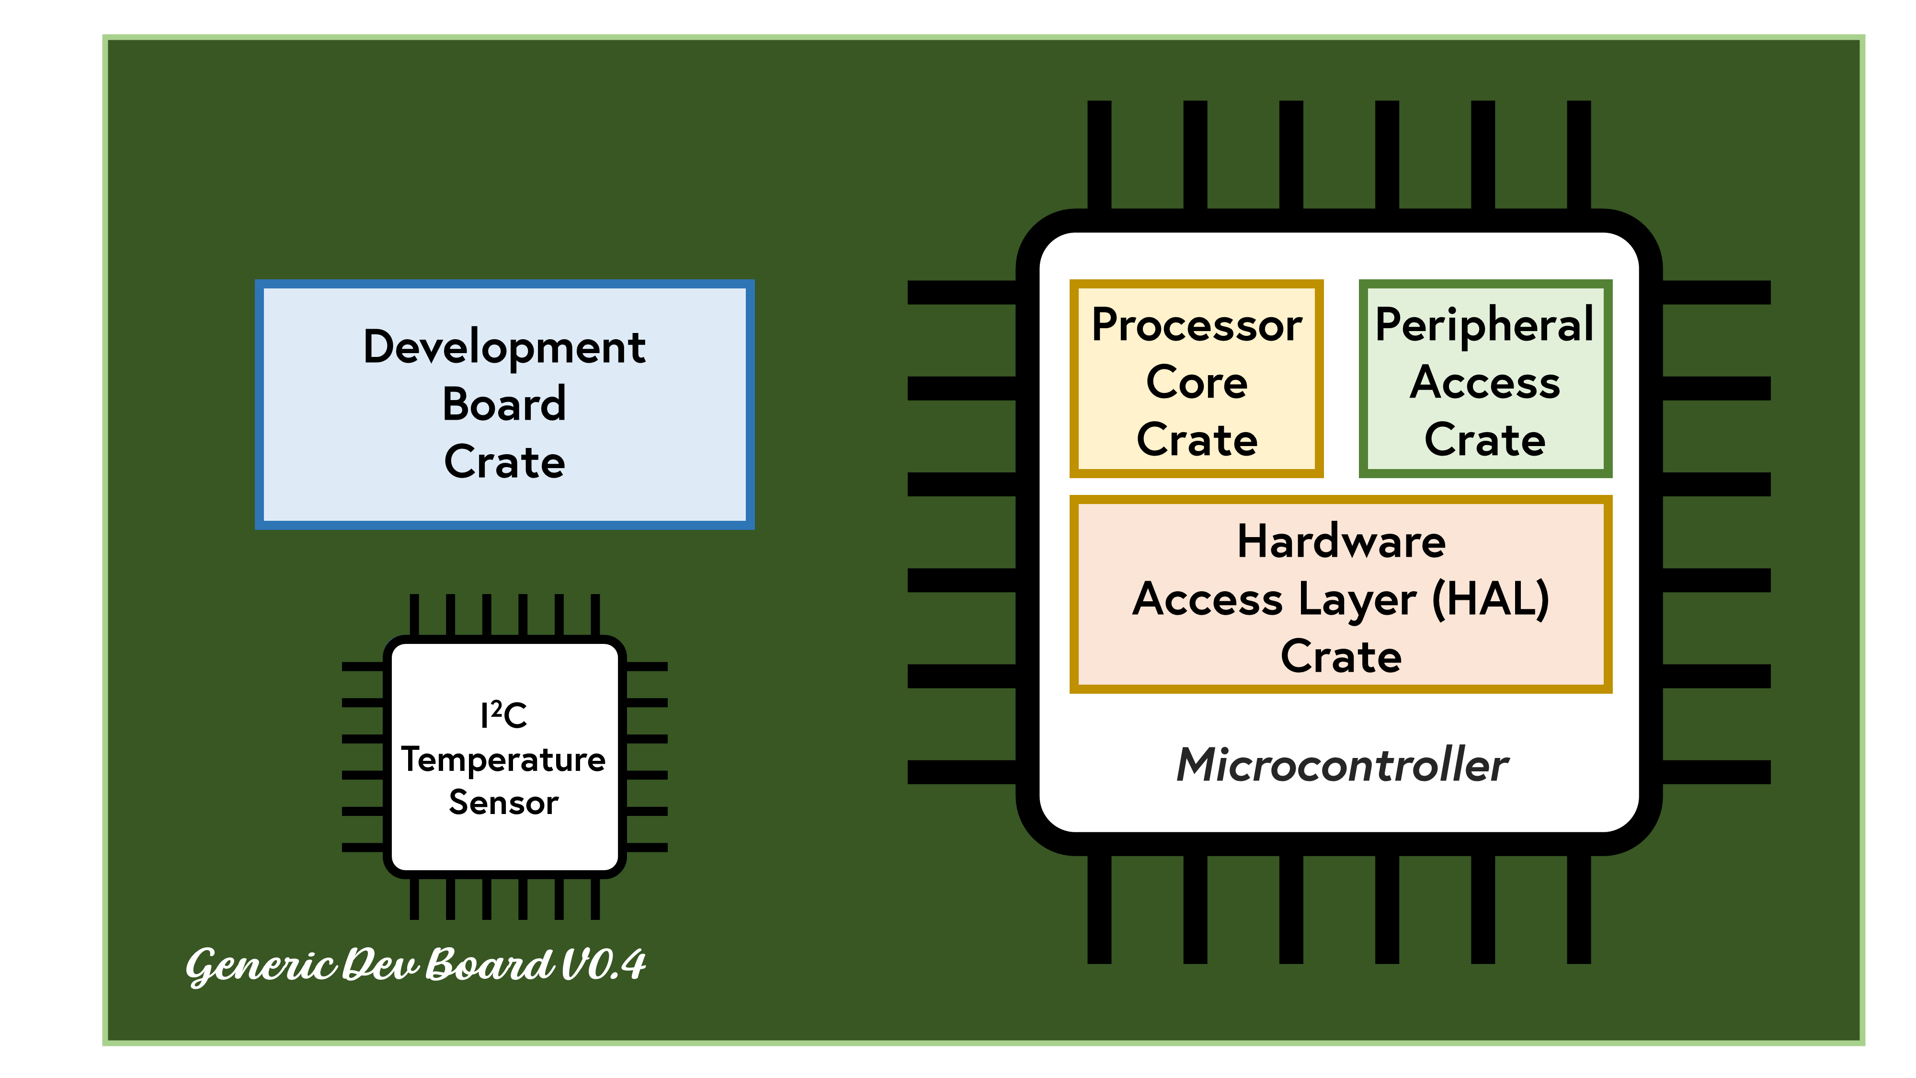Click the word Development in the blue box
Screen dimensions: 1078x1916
(504, 347)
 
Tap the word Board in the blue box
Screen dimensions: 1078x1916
(504, 405)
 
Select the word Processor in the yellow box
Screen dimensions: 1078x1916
(1196, 326)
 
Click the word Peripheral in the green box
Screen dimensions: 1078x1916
(1484, 326)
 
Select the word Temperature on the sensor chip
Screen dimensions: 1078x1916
(503, 759)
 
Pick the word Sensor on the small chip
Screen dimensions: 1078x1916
(503, 803)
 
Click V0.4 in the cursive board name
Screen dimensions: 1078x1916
(603, 965)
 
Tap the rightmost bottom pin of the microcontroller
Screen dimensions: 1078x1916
(1578, 909)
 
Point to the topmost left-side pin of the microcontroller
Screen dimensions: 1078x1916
(961, 292)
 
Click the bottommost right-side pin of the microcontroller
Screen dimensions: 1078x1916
(1716, 771)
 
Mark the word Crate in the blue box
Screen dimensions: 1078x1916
(504, 462)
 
